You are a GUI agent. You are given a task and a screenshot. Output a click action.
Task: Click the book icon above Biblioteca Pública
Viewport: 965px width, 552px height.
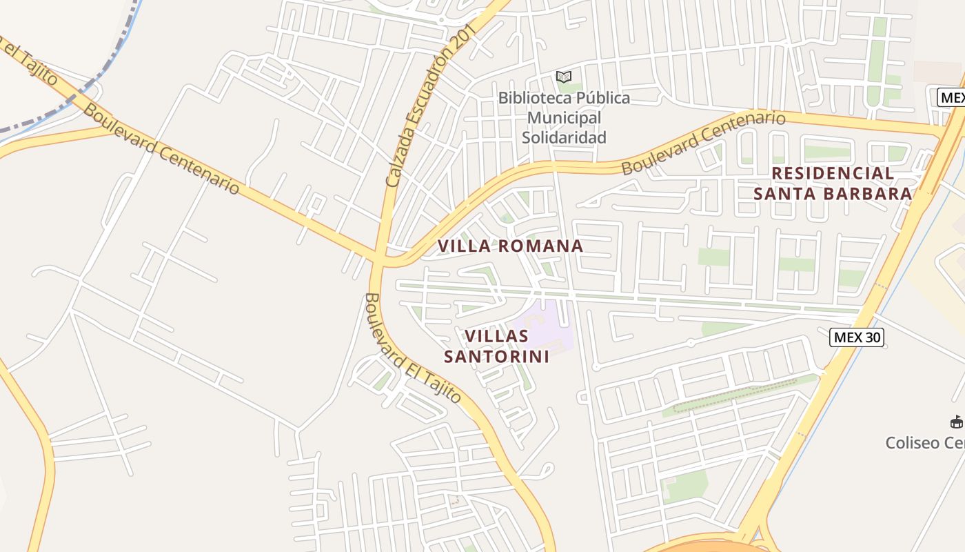tap(564, 77)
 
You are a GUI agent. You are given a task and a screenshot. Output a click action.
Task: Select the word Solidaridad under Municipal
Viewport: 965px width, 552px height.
tap(564, 137)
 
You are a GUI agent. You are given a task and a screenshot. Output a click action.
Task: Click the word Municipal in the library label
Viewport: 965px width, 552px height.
tap(564, 118)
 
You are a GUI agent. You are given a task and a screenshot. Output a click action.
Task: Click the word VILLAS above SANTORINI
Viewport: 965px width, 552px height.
tap(496, 337)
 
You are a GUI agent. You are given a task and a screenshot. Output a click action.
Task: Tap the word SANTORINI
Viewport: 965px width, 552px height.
tap(496, 357)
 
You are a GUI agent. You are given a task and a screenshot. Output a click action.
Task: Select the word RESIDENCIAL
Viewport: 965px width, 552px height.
tap(833, 173)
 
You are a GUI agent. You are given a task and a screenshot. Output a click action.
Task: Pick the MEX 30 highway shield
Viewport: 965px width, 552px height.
tap(856, 337)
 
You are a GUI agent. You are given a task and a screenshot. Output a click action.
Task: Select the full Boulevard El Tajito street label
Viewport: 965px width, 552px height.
tap(412, 348)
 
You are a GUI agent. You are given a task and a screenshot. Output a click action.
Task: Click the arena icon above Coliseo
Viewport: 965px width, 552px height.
tap(956, 422)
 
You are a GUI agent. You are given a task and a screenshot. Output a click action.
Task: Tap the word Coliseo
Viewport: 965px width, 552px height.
tap(913, 443)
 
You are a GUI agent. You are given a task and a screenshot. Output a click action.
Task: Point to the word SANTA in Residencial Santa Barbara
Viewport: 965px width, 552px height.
tap(782, 194)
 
